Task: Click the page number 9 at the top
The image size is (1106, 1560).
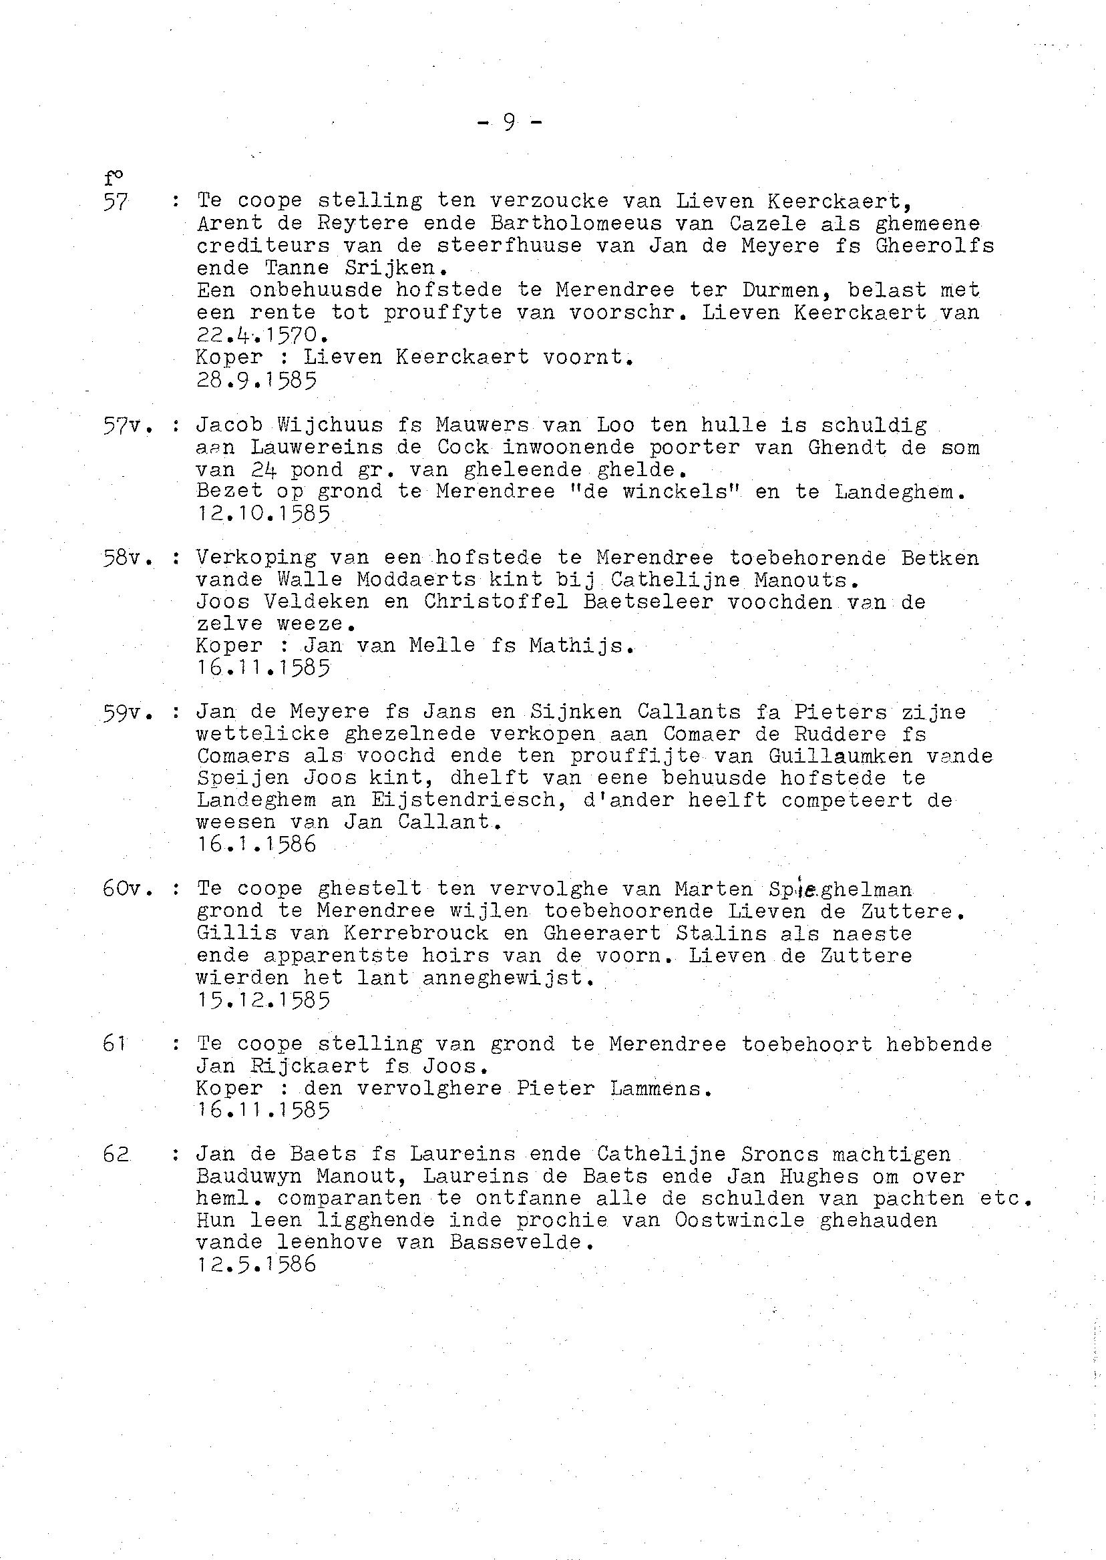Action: pos(510,123)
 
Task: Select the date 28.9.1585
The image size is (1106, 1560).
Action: pos(256,380)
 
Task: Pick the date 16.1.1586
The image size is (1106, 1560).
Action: pos(256,844)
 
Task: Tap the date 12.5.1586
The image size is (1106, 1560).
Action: pos(256,1264)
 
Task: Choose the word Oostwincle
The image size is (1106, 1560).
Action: pos(739,1220)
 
